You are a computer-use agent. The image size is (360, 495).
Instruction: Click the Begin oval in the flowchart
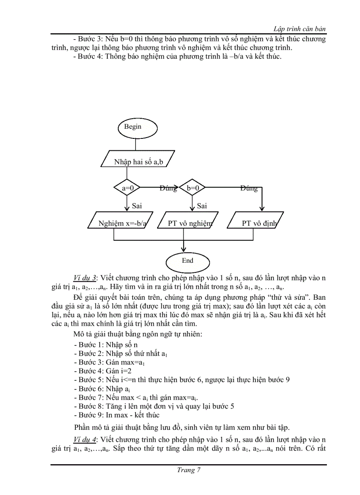click(133, 127)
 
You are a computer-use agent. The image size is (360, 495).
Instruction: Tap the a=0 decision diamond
click(127, 188)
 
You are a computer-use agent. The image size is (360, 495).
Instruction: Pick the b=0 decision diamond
click(193, 188)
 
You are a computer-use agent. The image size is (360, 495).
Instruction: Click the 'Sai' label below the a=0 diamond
click(137, 205)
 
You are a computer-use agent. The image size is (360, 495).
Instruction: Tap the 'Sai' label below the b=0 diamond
click(202, 205)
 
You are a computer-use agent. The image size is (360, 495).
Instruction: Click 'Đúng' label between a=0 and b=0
click(168, 188)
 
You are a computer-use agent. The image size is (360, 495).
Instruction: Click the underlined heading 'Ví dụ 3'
click(86, 277)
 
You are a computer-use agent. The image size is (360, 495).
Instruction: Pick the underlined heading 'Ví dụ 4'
click(86, 439)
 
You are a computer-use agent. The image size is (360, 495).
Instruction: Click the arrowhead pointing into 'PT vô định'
click(262, 208)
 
